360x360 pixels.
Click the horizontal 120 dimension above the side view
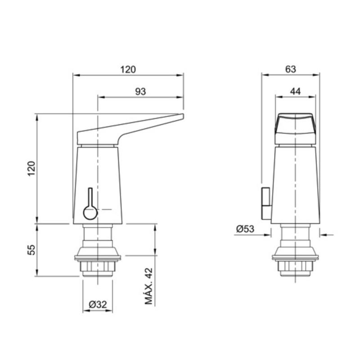(128, 69)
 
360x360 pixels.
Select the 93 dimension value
(141, 91)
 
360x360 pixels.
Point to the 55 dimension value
(31, 250)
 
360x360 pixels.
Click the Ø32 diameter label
(98, 305)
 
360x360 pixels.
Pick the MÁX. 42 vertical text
(149, 287)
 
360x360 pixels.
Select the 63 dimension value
(291, 69)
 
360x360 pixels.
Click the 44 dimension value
(295, 91)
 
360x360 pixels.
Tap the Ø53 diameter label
(245, 229)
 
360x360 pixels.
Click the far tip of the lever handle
(182, 117)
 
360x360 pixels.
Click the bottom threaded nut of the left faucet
(98, 269)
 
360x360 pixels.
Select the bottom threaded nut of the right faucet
(295, 269)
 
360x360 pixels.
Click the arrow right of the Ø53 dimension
(326, 234)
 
